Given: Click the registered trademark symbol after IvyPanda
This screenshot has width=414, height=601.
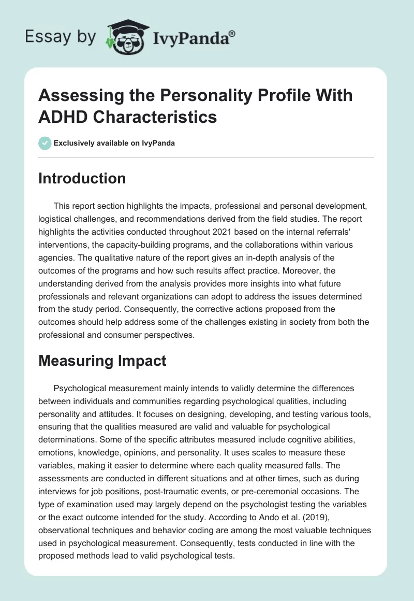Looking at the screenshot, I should pyautogui.click(x=232, y=33).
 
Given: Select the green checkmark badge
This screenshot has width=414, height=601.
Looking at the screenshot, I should pyautogui.click(x=45, y=143).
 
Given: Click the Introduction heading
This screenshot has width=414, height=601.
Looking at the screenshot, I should pyautogui.click(x=82, y=179).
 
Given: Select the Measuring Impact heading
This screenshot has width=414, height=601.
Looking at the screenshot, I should pyautogui.click(x=102, y=361).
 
